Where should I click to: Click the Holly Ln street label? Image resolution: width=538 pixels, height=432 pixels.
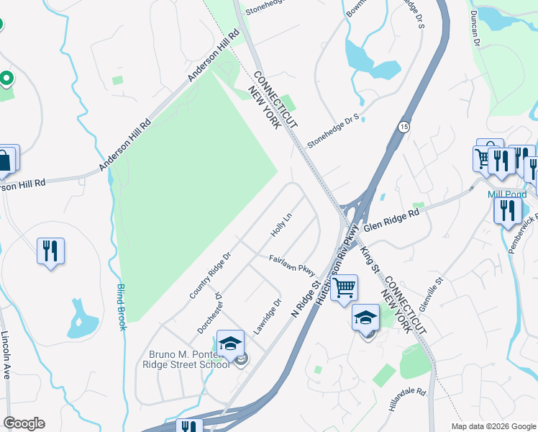point(281,225)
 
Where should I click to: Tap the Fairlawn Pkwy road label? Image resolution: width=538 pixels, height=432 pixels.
point(292,263)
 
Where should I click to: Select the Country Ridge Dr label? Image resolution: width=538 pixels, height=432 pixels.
point(209,276)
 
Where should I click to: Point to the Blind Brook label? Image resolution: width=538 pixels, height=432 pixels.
point(121,307)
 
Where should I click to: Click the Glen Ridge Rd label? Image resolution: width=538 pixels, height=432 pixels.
point(391,220)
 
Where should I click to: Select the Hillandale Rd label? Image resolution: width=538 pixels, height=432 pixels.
point(407,401)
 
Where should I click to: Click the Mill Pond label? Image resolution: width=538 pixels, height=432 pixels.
point(503,194)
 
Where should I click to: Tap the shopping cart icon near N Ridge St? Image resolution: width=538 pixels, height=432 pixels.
point(345,287)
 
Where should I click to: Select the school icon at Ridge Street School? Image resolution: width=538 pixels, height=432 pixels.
point(231,343)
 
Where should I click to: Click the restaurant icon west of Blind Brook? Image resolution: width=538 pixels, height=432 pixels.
point(50,251)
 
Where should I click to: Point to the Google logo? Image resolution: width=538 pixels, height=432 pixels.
point(24,423)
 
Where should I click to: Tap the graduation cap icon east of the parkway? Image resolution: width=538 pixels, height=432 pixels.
point(365,317)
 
